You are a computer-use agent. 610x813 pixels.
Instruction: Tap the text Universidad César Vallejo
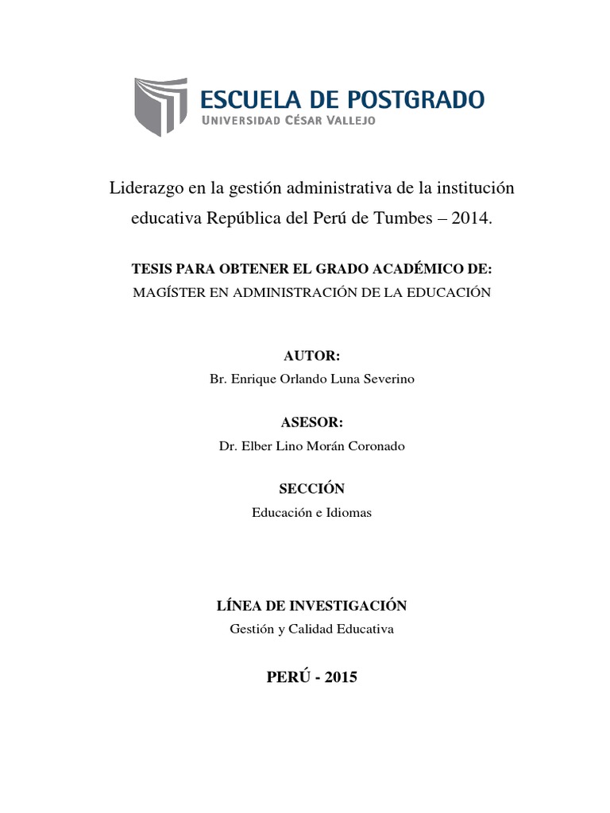pyautogui.click(x=289, y=121)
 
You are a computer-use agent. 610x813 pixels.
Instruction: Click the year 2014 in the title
pyautogui.click(x=472, y=218)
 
